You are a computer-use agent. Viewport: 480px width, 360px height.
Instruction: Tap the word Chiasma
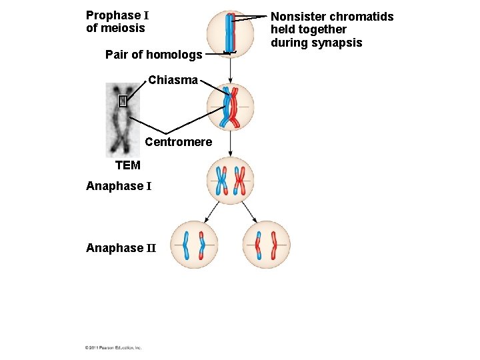pos(173,80)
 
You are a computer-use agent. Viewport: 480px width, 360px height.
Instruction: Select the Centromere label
pos(178,142)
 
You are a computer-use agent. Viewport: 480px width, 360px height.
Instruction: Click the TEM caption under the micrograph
pos(128,165)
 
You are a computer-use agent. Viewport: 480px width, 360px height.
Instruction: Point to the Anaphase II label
pos(121,248)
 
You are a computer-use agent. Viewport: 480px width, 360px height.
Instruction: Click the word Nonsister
pos(298,17)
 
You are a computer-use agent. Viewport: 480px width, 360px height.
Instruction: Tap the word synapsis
pos(339,43)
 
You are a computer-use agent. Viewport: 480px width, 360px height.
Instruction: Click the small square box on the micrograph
pos(122,101)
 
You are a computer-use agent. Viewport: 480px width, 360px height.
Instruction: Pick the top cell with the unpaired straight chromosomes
pos(230,33)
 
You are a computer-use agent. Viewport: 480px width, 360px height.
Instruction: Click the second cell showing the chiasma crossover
pos(230,107)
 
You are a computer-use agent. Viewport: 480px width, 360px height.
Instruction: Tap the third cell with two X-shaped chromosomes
pos(230,180)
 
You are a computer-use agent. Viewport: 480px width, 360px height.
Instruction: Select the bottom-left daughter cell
pos(194,245)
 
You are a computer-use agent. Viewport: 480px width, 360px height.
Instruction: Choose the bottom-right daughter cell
pos(266,245)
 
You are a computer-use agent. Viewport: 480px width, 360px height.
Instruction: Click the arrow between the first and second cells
pos(230,70)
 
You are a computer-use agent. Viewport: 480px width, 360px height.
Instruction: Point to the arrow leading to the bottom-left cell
pos(212,212)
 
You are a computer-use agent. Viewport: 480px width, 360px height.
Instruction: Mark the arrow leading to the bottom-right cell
pos(249,212)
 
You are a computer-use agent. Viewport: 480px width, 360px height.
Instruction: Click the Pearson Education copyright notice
pos(113,347)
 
